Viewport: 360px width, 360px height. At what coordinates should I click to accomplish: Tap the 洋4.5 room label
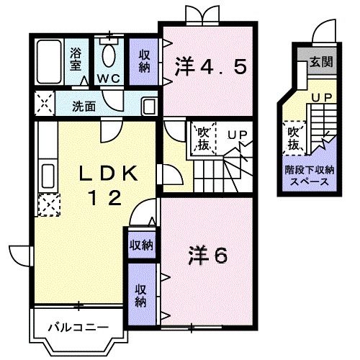pos(211,67)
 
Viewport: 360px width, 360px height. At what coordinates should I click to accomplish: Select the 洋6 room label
pos(208,255)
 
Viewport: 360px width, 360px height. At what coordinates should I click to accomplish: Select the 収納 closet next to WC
pos(144,57)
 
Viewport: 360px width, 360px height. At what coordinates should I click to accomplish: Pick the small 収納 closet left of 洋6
pos(141,245)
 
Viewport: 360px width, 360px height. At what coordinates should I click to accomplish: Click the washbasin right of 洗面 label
pos(149,105)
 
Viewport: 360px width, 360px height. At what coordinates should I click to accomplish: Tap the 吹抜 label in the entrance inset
pos(294,139)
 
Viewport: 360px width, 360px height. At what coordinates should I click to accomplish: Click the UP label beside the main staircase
pos(236,134)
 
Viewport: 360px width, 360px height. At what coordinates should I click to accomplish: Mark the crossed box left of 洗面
pos(43,105)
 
